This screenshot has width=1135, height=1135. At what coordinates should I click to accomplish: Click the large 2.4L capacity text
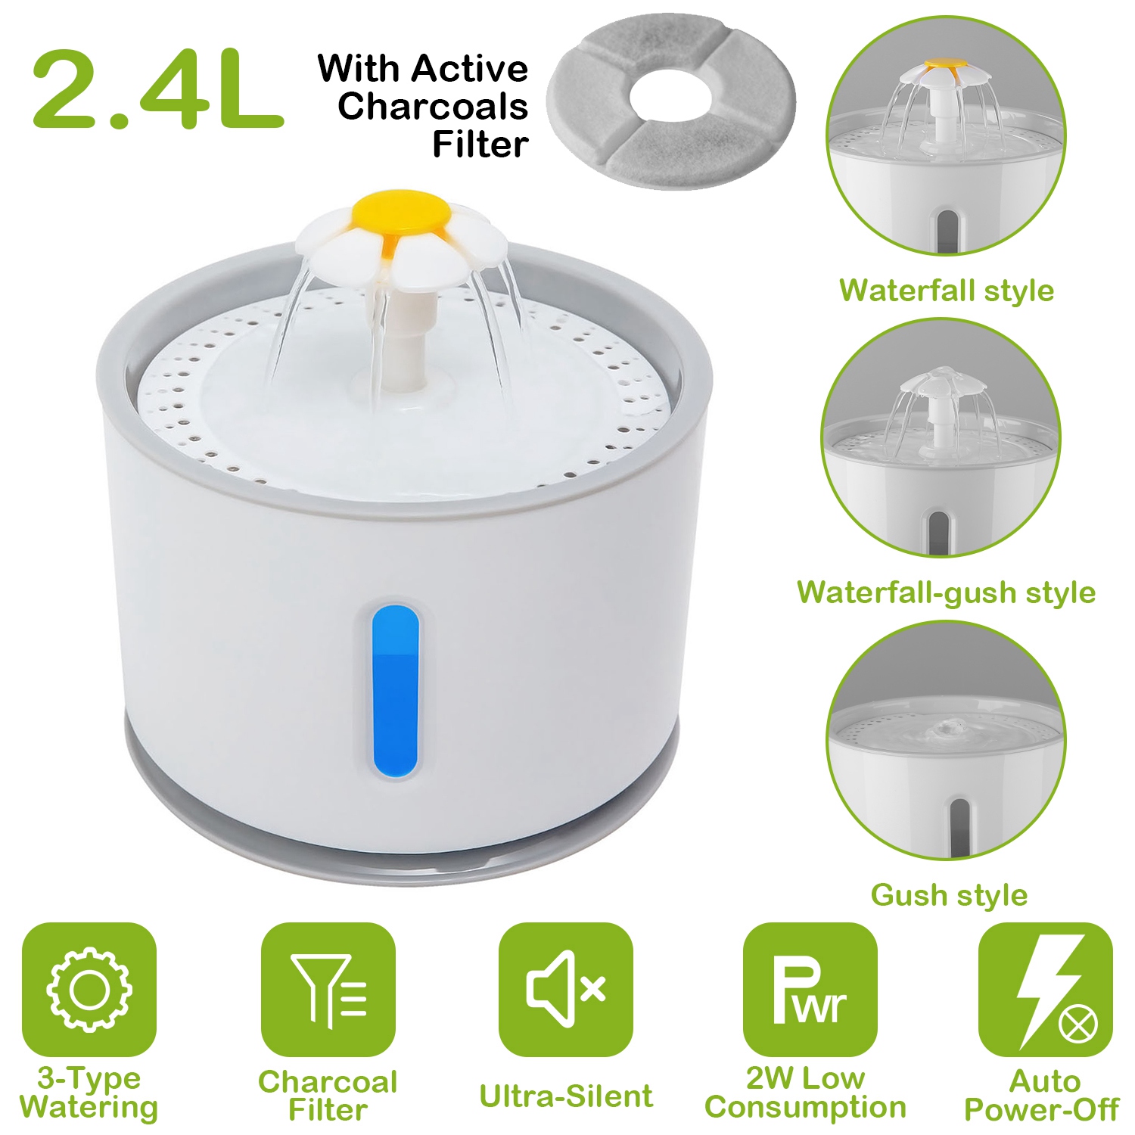(157, 89)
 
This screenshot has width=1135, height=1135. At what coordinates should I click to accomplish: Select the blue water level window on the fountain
(395, 691)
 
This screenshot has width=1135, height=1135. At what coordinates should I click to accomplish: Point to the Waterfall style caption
(947, 291)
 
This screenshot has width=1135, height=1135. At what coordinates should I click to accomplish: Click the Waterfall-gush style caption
(947, 592)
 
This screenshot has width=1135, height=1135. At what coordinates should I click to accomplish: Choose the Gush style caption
(949, 895)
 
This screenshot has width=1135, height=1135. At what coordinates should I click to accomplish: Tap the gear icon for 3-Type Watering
(89, 989)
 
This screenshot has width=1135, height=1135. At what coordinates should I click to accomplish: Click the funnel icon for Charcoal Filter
(328, 989)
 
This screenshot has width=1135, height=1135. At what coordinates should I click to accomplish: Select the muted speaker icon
(566, 989)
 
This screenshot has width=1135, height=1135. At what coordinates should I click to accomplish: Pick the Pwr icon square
(810, 989)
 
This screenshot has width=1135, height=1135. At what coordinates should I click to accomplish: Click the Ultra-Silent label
(566, 1096)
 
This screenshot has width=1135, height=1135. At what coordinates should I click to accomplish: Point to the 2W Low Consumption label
(805, 1092)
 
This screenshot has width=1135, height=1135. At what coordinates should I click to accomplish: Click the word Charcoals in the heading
(432, 106)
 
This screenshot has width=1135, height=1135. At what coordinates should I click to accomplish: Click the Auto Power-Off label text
(1041, 1095)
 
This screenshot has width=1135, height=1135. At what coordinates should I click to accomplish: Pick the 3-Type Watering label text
(89, 1092)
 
